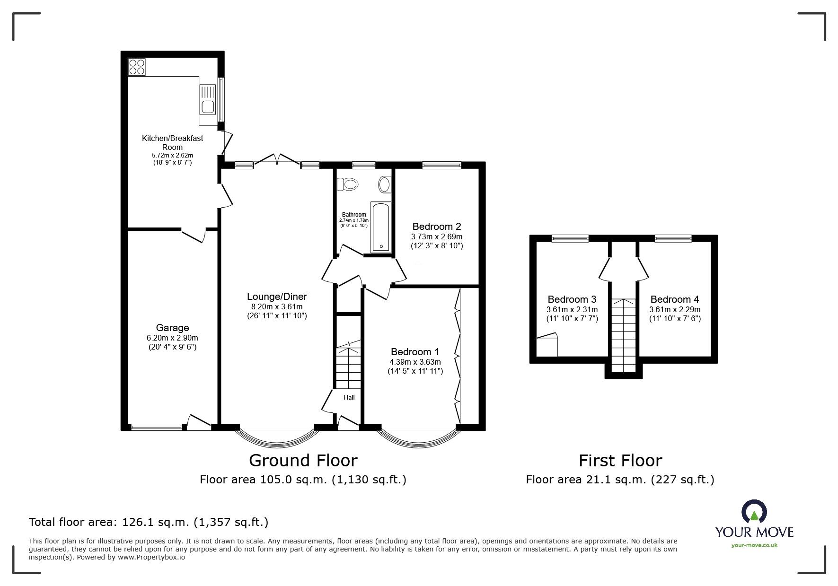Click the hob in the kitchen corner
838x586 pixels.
coord(137,67)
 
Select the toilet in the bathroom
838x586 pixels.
coord(349,184)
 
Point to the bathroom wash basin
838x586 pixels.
coord(385,184)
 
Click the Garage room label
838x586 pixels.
coord(172,328)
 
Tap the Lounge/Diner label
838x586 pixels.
coord(277,297)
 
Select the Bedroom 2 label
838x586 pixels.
coord(436,227)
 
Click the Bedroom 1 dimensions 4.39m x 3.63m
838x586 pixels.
coord(415,362)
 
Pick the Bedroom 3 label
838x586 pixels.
coord(572,299)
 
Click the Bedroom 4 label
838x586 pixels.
coord(674,299)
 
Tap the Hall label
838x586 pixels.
coord(349,397)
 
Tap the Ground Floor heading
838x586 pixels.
coord(303,460)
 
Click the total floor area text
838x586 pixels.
coord(149,522)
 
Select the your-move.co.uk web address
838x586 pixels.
coord(754,545)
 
